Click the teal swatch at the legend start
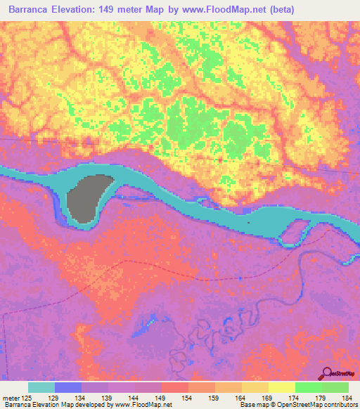click(41, 387)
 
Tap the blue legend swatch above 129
click(68, 387)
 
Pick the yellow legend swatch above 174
click(281, 387)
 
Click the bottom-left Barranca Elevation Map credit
click(42, 405)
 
